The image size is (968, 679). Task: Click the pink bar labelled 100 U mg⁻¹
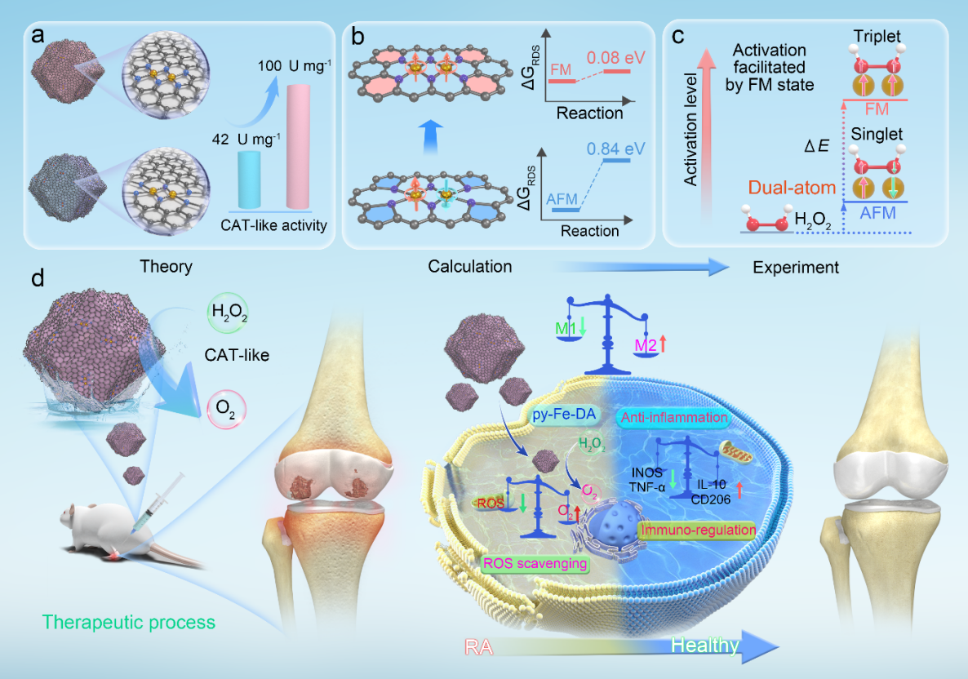click(x=298, y=147)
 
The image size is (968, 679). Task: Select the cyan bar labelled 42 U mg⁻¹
click(x=250, y=180)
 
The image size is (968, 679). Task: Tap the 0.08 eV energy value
click(x=615, y=58)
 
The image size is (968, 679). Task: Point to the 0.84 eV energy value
click(x=615, y=149)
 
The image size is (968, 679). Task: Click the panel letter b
click(x=357, y=37)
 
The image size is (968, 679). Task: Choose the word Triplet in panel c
click(x=877, y=37)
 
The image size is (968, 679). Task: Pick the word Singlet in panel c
click(x=877, y=134)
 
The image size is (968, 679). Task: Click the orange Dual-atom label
click(x=792, y=188)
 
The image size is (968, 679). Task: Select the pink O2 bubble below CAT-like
click(x=227, y=409)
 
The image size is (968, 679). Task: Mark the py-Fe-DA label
click(x=564, y=415)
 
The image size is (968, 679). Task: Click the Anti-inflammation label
click(x=674, y=418)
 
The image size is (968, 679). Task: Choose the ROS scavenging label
click(x=535, y=564)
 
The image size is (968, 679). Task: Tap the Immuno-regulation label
click(x=698, y=530)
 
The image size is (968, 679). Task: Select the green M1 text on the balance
click(x=566, y=328)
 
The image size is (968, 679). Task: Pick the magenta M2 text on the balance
click(x=646, y=346)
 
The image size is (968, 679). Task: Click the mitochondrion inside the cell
click(x=736, y=453)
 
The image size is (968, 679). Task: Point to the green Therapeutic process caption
click(x=128, y=622)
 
